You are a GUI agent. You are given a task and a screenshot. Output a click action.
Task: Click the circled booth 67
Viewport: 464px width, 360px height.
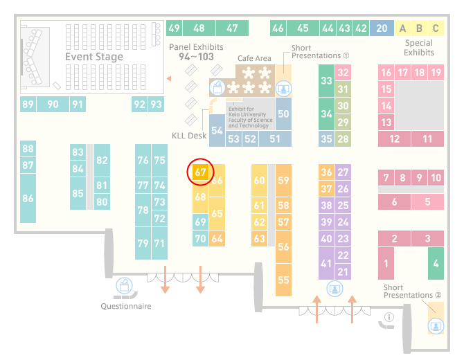coord(200,172)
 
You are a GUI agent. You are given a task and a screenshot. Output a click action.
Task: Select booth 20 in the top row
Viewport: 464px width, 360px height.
coord(382,28)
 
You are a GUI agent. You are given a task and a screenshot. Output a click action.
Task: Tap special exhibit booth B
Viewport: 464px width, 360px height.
coord(419,28)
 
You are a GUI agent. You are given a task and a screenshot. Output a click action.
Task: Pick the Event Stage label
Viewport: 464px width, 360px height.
coord(94,57)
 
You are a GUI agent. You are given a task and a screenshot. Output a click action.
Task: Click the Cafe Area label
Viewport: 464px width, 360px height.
coord(254,58)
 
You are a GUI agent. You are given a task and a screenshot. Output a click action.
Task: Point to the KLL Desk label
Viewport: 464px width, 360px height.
coord(189,136)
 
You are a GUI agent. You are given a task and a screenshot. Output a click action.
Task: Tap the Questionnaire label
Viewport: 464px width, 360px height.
coord(126,306)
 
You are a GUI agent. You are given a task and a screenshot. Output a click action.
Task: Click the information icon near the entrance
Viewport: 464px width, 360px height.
coord(389,317)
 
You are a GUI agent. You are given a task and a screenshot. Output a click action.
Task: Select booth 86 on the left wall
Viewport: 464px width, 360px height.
coord(28,198)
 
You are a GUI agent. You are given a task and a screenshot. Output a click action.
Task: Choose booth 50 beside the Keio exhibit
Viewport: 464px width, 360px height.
coord(283,114)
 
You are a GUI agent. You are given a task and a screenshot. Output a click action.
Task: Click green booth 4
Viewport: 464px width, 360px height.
coord(436,263)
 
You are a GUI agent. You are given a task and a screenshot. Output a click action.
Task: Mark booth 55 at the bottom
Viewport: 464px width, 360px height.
coord(283,280)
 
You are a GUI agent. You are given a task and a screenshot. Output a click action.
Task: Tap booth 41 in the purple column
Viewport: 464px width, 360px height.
coord(326,263)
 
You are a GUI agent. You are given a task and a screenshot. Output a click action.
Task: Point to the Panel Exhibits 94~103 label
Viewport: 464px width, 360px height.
coord(196,52)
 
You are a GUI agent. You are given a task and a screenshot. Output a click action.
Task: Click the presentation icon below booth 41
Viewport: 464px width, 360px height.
coord(334,289)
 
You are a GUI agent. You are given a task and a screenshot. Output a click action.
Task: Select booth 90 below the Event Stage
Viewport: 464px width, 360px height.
coord(53,104)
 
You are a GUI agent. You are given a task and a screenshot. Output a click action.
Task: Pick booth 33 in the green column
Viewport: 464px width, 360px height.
coord(326,80)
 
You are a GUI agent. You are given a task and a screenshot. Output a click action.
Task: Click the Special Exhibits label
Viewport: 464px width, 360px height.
coord(419,48)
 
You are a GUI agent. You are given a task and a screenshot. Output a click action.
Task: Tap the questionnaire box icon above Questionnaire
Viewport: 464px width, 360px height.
coord(124,286)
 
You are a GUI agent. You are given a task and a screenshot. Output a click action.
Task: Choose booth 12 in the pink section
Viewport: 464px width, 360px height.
coord(394,138)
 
